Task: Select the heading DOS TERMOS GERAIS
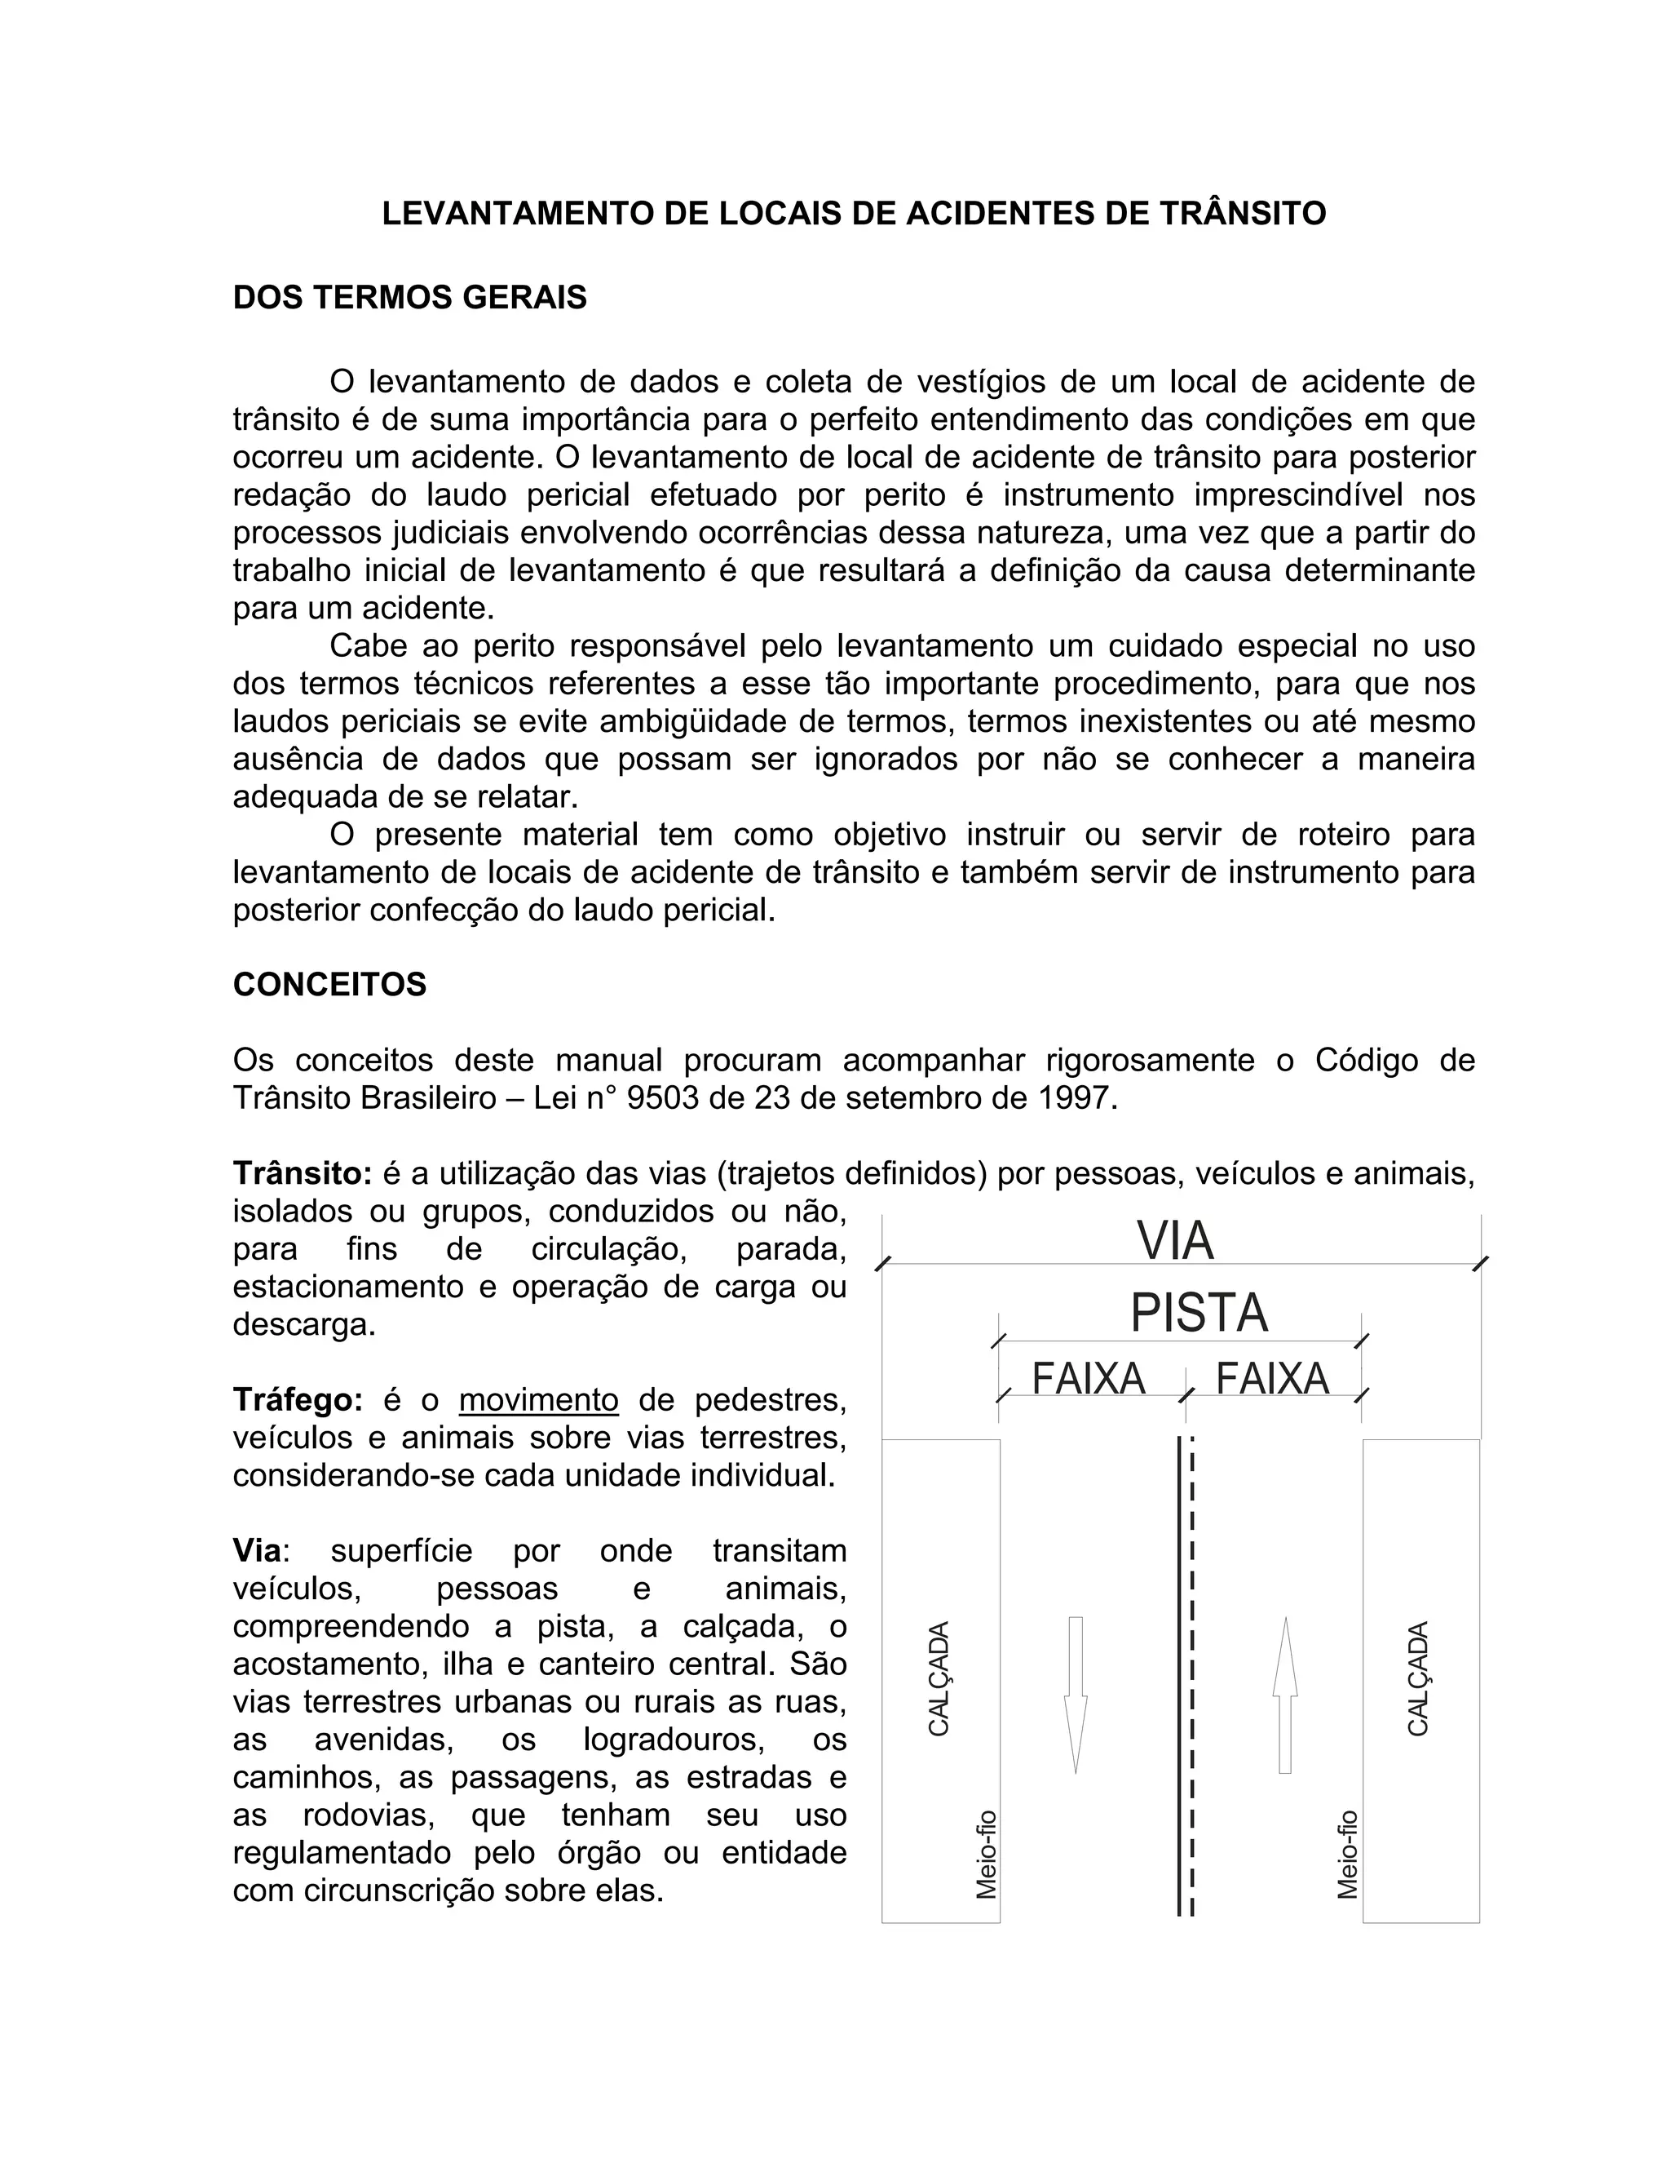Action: coord(410,297)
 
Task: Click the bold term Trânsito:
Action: coord(302,1173)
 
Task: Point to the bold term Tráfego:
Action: coord(298,1399)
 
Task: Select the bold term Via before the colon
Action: coord(256,1550)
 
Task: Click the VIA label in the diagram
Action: coord(1175,1242)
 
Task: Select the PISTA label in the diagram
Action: coord(1199,1314)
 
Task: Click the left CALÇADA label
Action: coord(939,1678)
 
